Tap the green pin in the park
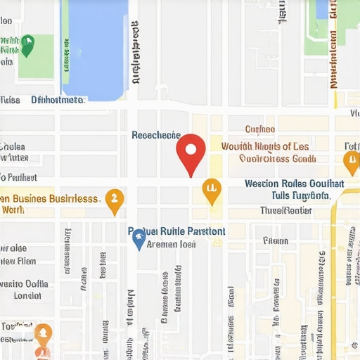(x=27, y=45)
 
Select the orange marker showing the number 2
(x=114, y=200)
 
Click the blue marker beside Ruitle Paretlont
(x=139, y=239)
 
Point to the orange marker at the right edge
(x=351, y=162)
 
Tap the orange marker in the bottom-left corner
(x=43, y=335)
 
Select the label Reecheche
(x=156, y=135)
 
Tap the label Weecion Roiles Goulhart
(x=294, y=184)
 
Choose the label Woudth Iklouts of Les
(x=265, y=146)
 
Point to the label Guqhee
(x=259, y=129)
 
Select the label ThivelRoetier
(x=285, y=210)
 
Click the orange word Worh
(x=13, y=210)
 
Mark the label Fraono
(x=276, y=240)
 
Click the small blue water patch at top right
(x=322, y=8)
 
